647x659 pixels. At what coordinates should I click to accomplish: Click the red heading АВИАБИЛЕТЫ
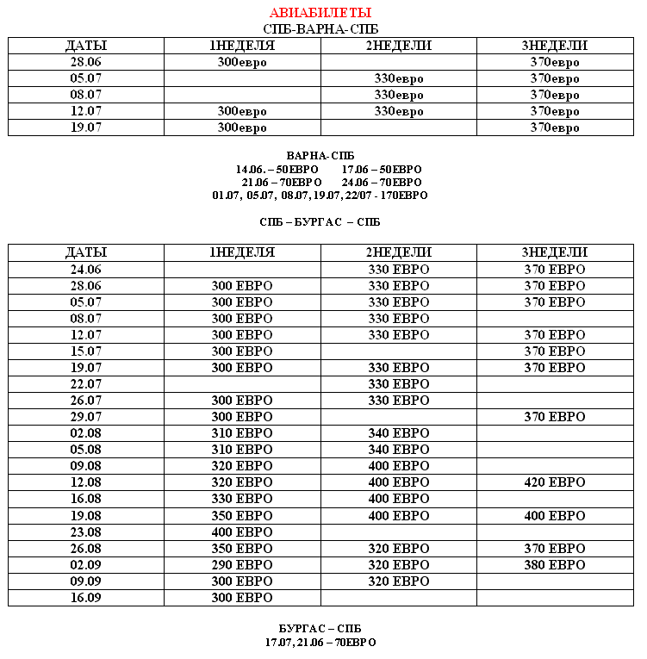[320, 13]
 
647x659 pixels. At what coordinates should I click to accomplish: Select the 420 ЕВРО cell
[555, 482]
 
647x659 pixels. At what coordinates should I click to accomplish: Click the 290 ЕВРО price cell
[242, 565]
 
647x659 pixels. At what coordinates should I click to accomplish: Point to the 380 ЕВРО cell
[555, 565]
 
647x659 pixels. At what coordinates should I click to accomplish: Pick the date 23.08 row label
[86, 532]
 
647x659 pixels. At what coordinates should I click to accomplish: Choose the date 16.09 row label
[86, 598]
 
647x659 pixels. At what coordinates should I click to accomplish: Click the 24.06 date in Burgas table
[86, 270]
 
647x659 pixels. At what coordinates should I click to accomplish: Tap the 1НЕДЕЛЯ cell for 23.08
[242, 532]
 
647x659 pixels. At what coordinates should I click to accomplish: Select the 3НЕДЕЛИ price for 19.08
[555, 516]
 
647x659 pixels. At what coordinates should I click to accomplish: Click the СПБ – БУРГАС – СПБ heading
[320, 222]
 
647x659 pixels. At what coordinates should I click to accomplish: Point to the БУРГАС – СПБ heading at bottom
[320, 629]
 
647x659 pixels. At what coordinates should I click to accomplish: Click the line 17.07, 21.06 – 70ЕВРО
[320, 643]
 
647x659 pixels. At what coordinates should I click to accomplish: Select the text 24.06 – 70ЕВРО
[382, 183]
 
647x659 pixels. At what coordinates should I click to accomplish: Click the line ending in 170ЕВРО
[320, 196]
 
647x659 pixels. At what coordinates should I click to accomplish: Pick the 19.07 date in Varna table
[86, 127]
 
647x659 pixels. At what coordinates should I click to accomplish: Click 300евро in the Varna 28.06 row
[242, 63]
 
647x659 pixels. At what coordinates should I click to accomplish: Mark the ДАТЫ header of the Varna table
[86, 46]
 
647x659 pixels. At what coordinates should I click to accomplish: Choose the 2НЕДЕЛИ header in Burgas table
[399, 252]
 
